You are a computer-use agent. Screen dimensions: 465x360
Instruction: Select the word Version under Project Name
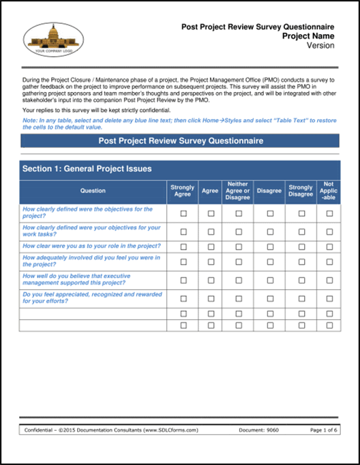point(320,46)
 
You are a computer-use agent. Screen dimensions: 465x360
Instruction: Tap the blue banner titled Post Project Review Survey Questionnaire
point(180,140)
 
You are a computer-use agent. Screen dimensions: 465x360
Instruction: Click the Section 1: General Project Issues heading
point(87,168)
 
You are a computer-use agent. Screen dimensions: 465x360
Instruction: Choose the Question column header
point(93,191)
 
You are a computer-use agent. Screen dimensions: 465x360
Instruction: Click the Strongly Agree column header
point(182,191)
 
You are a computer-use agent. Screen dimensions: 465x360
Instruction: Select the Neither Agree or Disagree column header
point(238,191)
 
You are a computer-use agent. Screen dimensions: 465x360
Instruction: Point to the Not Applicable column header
point(329,191)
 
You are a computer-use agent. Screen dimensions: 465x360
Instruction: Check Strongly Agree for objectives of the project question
point(182,213)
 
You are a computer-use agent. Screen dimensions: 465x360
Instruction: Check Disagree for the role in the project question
point(270,246)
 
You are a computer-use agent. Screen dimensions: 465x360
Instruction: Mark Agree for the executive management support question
point(211,280)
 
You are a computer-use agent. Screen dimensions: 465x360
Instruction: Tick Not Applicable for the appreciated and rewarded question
point(329,298)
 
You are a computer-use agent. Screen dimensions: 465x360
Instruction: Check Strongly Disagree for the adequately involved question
point(300,262)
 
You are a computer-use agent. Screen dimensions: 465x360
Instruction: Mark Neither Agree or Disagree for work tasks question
point(239,231)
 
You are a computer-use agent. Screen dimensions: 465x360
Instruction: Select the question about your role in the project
point(91,245)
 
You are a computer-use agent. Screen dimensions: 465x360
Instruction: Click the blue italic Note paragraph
point(179,123)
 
